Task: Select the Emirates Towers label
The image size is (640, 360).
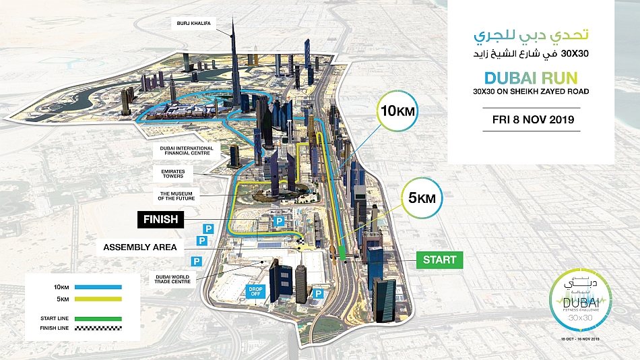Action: (173, 173)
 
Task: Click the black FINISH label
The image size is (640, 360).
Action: (160, 219)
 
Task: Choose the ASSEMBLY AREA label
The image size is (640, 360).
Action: (140, 247)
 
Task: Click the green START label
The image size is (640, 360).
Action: (440, 260)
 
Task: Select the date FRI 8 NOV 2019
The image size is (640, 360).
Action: (532, 120)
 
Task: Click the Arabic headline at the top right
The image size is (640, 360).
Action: (532, 36)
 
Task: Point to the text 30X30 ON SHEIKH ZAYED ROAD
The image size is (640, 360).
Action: (532, 92)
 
